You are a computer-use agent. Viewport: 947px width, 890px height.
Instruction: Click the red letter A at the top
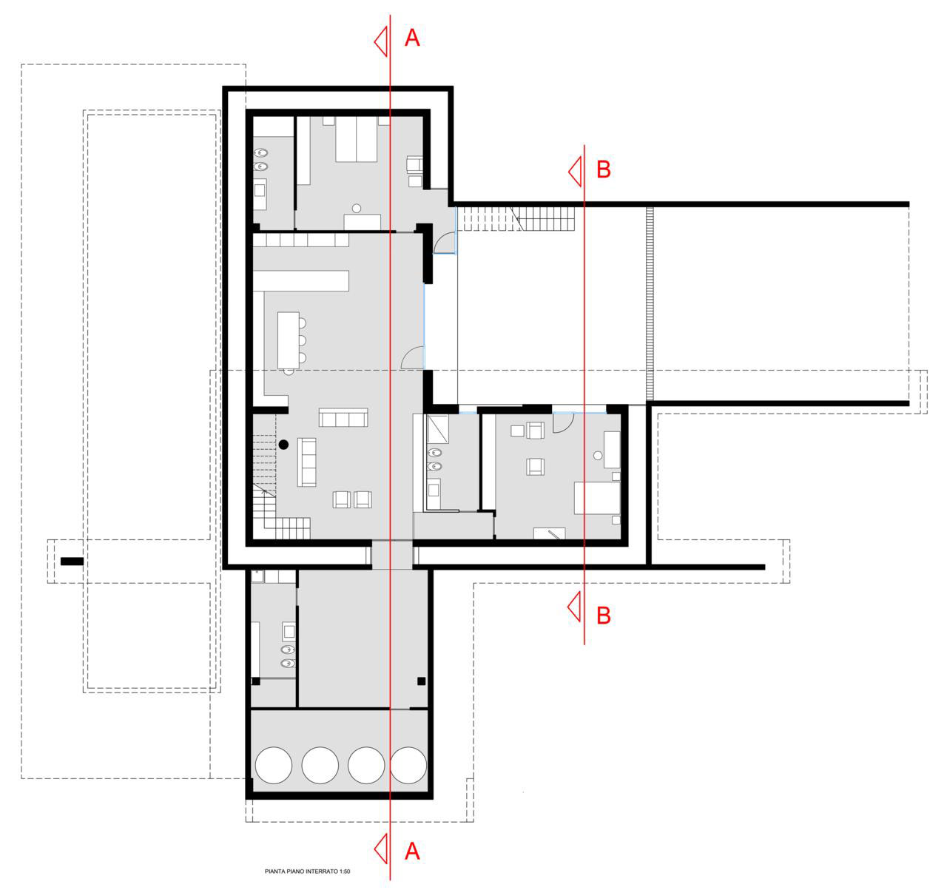(412, 38)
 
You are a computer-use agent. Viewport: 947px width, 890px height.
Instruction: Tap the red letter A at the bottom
(412, 851)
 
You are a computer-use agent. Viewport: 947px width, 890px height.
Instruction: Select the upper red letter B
(604, 169)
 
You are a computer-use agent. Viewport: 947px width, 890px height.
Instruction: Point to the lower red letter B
(604, 616)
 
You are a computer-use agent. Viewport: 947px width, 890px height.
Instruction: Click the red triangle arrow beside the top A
(380, 41)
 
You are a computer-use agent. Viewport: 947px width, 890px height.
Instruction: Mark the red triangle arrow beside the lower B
(573, 607)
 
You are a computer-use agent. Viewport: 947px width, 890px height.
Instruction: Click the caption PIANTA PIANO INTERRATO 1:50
(307, 872)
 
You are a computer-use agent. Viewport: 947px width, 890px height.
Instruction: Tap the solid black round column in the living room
(283, 445)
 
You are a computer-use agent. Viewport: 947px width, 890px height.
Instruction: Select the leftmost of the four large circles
(273, 765)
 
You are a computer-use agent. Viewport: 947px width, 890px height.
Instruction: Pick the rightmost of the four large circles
(408, 765)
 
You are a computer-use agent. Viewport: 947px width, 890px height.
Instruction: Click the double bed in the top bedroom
(357, 139)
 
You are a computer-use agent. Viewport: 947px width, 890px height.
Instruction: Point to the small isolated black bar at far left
(72, 562)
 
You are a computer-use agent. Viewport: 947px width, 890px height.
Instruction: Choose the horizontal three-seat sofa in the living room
(343, 417)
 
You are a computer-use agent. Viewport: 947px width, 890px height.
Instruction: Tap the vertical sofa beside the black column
(306, 462)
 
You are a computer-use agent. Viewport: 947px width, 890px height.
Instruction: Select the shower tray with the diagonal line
(438, 429)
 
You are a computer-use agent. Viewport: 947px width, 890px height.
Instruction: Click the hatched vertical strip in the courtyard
(650, 304)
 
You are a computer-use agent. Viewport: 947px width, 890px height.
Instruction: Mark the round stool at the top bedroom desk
(357, 208)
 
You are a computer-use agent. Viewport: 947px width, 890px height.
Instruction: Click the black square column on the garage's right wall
(422, 681)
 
